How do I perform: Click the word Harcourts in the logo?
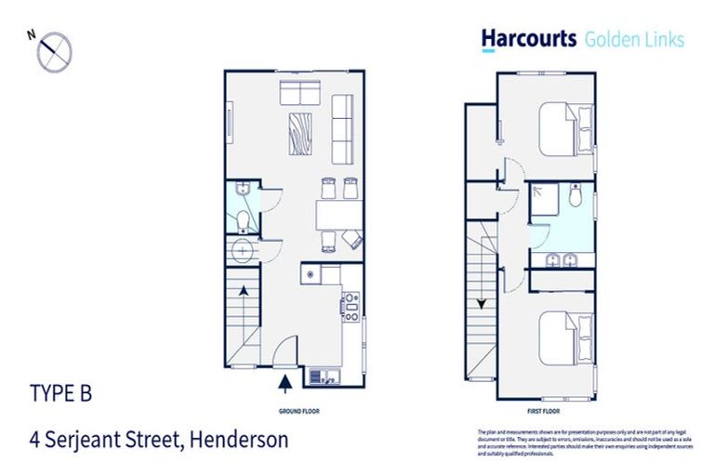click(x=527, y=39)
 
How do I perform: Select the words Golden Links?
click(x=634, y=39)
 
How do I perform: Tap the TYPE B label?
click(x=61, y=393)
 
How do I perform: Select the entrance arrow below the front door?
click(x=285, y=379)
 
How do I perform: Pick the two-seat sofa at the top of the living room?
click(x=301, y=93)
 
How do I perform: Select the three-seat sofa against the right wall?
click(x=343, y=128)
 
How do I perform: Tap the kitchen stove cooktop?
click(x=350, y=306)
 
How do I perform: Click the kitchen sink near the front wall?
click(x=323, y=376)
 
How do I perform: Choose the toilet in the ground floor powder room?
click(x=241, y=220)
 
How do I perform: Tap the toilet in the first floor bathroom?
click(x=575, y=197)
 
